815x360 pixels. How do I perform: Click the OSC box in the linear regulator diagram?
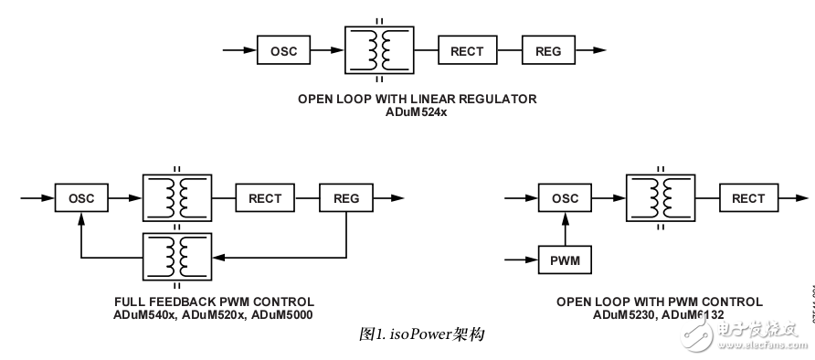(283, 50)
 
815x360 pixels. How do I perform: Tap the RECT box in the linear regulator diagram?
(467, 50)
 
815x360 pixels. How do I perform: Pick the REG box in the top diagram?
(548, 50)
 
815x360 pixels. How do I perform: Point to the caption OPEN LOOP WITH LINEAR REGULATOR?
(418, 99)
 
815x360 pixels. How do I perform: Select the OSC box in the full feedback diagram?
(81, 198)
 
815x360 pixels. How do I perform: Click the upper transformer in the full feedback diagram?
(175, 198)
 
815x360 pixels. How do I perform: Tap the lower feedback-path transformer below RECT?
(175, 257)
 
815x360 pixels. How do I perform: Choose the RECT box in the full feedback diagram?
(265, 198)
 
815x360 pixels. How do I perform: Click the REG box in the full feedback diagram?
(346, 198)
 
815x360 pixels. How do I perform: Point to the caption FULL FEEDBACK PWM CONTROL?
(214, 302)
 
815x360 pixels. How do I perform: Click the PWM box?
(566, 261)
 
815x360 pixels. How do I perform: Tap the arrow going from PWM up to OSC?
(566, 228)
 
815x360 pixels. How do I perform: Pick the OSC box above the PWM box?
(566, 198)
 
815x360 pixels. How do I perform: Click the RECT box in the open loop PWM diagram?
(748, 198)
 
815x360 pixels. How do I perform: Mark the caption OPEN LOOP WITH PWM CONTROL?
(659, 302)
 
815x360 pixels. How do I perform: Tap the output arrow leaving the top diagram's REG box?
(592, 50)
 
